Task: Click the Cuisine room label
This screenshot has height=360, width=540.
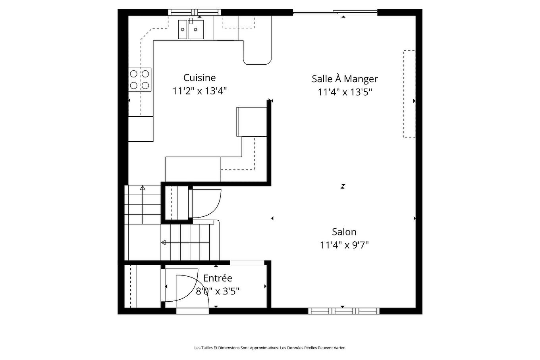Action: pos(199,78)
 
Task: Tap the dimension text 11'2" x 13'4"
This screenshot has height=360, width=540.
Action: pos(199,91)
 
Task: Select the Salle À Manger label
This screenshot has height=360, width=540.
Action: pos(344,79)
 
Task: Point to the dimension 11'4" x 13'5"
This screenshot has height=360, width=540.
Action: pos(344,92)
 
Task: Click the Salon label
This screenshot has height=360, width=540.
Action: pos(344,232)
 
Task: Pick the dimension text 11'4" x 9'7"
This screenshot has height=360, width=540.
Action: pos(344,245)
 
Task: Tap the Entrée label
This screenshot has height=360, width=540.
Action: pos(217,278)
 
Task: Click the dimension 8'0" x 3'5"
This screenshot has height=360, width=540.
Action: pos(217,291)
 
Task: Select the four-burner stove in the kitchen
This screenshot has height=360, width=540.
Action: pos(140,79)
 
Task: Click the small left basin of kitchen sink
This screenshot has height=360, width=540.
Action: pos(183,29)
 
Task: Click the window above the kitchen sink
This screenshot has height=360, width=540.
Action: pos(195,12)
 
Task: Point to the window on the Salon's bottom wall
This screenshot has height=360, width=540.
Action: pos(344,311)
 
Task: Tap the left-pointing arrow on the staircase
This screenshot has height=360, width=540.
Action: pos(163,243)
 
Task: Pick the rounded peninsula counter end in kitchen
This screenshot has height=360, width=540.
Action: pos(257,56)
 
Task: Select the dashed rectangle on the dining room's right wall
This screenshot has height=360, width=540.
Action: pos(409,94)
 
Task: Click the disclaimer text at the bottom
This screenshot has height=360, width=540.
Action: pos(270,348)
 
